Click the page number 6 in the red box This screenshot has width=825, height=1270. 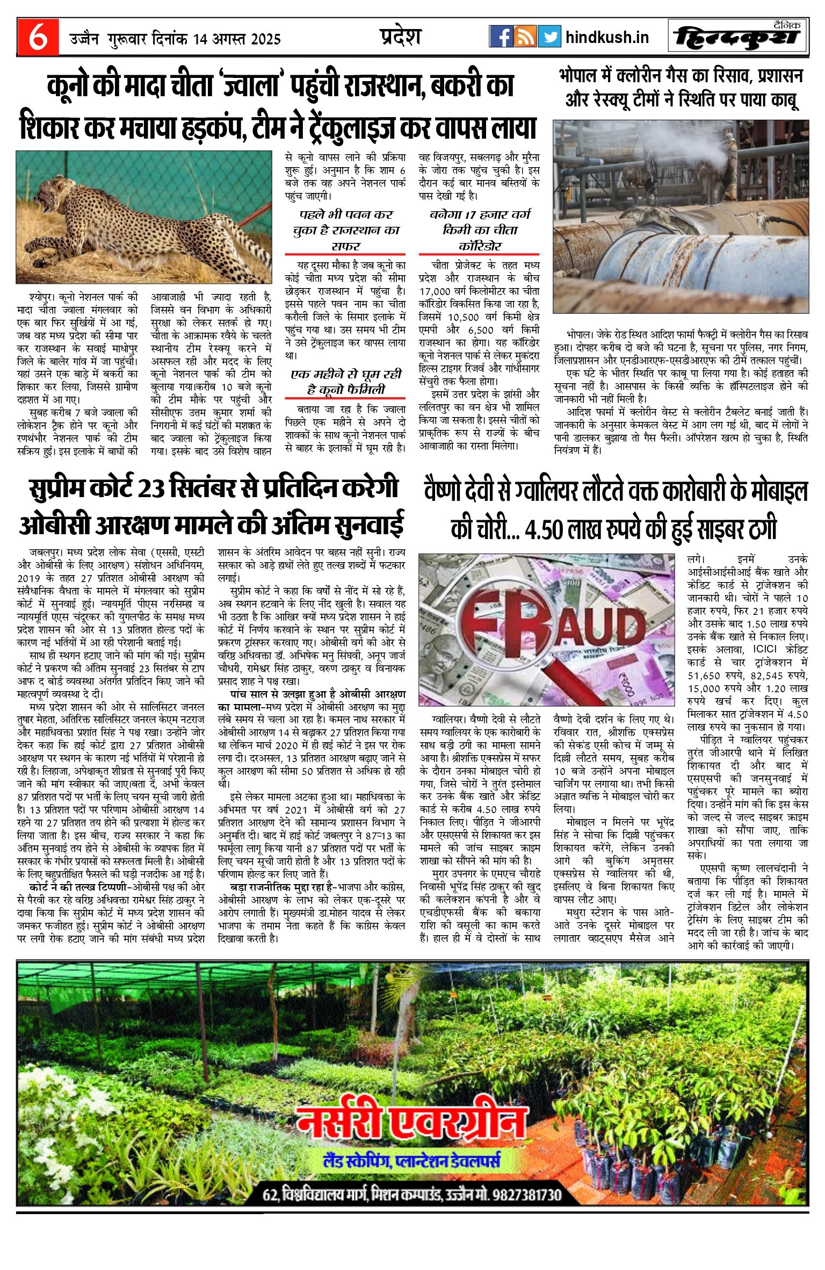point(37,38)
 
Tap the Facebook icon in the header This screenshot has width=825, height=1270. point(501,37)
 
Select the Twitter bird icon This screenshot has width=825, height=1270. point(549,37)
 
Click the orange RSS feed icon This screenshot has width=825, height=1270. point(525,37)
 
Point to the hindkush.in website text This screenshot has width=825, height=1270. point(607,38)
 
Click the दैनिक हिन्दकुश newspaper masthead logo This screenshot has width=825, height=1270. point(738,37)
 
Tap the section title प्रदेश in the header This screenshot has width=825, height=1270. point(400,37)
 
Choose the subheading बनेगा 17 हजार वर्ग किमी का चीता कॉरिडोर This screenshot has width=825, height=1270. point(479,230)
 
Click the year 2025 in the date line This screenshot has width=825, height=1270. point(265,39)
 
